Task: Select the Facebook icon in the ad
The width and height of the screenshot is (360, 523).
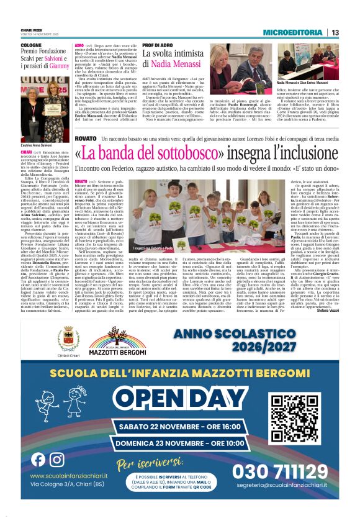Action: coord(38,460)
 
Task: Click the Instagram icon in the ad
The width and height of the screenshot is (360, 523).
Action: coord(57,460)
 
